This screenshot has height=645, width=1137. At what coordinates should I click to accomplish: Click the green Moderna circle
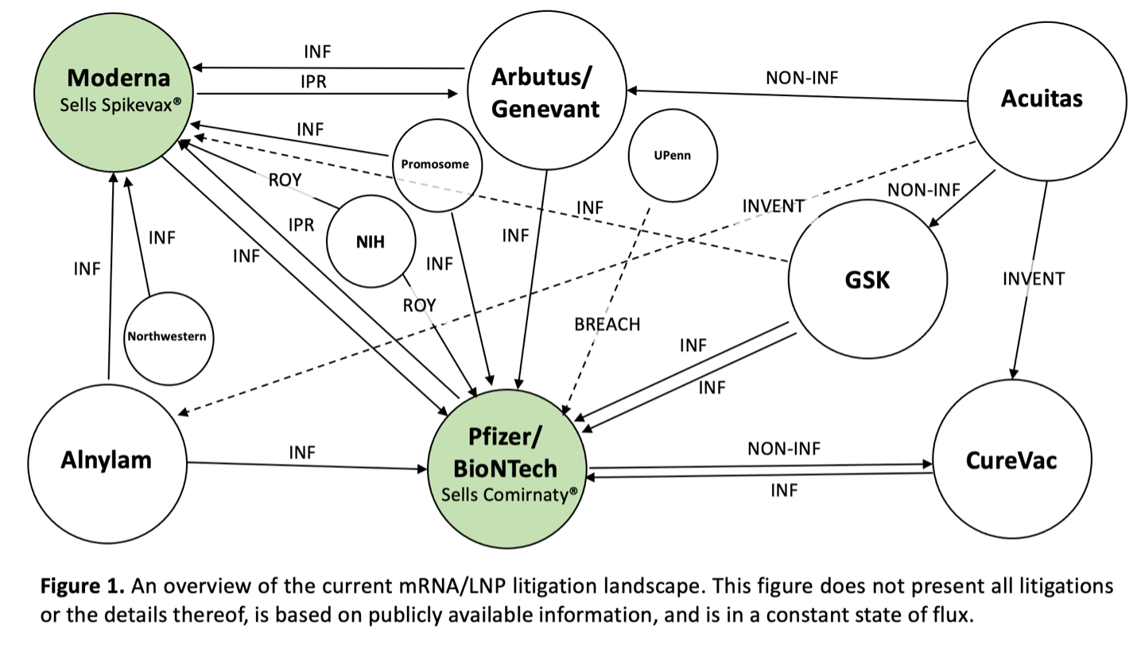pyautogui.click(x=114, y=92)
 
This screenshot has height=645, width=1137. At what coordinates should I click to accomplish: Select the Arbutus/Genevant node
pyautogui.click(x=547, y=91)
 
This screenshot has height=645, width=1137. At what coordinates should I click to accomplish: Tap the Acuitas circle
pyautogui.click(x=1047, y=101)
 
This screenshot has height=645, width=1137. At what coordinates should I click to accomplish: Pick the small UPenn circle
pyautogui.click(x=673, y=155)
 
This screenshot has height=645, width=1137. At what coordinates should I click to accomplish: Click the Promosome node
pyautogui.click(x=437, y=165)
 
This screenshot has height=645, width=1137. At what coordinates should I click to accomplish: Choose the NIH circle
pyautogui.click(x=371, y=241)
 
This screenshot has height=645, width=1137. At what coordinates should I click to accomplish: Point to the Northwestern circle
pyautogui.click(x=169, y=338)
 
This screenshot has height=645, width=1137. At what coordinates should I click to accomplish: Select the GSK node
pyautogui.click(x=867, y=279)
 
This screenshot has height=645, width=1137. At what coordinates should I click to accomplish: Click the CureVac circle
pyautogui.click(x=1012, y=459)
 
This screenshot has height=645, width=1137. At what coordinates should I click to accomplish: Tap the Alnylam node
pyautogui.click(x=107, y=463)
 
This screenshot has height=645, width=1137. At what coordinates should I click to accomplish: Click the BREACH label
pyautogui.click(x=607, y=324)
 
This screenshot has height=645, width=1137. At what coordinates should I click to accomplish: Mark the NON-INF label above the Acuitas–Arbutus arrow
pyautogui.click(x=802, y=78)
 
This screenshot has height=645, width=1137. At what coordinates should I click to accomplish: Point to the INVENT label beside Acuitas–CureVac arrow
pyautogui.click(x=1034, y=278)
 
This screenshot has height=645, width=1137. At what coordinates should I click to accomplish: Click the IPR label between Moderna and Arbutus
pyautogui.click(x=313, y=82)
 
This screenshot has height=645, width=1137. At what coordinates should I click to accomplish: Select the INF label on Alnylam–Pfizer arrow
pyautogui.click(x=302, y=452)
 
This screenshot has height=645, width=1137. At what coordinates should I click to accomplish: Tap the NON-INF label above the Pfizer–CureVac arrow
pyautogui.click(x=784, y=448)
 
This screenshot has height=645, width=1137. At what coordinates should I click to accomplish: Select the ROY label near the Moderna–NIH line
pyautogui.click(x=285, y=180)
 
